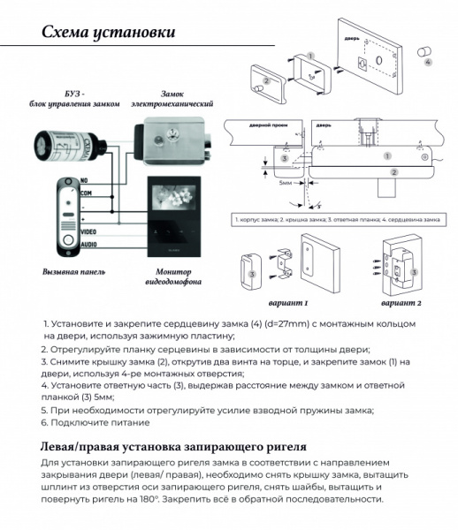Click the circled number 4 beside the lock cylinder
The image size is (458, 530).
429,63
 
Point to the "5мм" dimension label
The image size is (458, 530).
284,183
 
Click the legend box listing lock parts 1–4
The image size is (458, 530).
339,217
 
